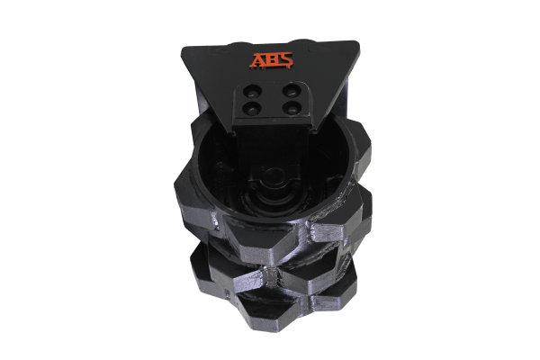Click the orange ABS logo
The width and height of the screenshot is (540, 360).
pos(271,60)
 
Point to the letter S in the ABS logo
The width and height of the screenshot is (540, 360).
pos(285,60)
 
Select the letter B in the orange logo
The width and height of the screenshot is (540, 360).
pos(272,60)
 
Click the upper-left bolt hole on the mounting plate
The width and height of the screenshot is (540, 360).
pos(251,91)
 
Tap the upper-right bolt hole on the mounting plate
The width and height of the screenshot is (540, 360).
pos(291,91)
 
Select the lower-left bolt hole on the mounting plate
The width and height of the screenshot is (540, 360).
pos(251,109)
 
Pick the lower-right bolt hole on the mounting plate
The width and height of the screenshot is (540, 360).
pos(291,109)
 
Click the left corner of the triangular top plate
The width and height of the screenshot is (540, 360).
pos(182,49)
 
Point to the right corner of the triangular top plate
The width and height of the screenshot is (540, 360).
pos(358,42)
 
